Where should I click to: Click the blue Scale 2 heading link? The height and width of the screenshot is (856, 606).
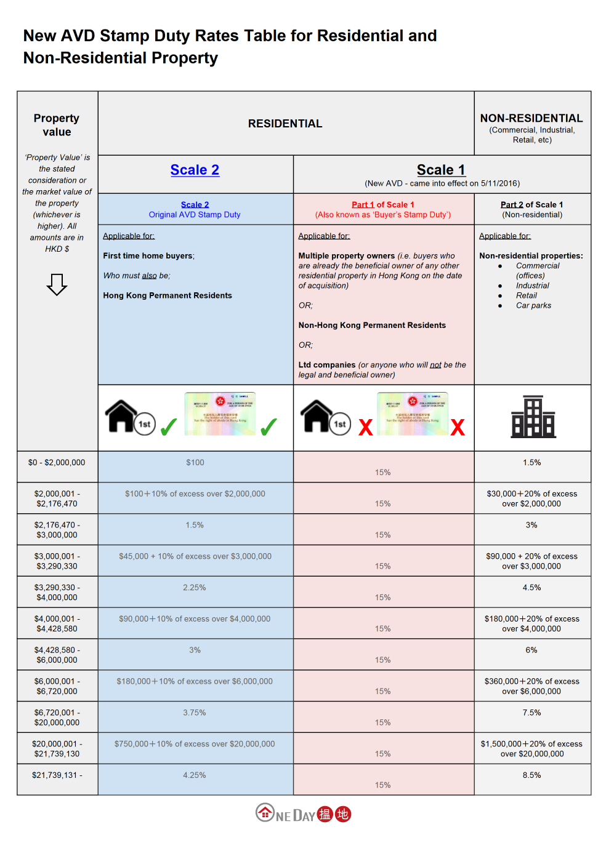[195, 170]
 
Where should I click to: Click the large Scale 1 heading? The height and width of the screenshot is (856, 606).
[441, 170]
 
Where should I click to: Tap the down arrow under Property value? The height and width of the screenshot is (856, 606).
[57, 284]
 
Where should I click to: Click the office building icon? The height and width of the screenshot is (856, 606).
[533, 417]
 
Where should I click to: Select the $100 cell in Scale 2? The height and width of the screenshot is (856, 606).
[195, 463]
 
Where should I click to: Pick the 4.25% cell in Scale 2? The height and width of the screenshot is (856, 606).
[195, 775]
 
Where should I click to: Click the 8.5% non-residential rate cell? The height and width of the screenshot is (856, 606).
[531, 775]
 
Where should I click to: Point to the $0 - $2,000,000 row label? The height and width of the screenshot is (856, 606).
[57, 463]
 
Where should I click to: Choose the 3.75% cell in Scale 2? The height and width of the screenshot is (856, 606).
[195, 713]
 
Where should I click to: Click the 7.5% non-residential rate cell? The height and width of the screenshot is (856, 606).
[531, 713]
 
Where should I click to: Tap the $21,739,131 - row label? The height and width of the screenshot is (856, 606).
[57, 775]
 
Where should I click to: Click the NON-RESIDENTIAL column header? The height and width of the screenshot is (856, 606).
[531, 118]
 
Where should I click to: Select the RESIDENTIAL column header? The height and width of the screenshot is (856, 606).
[285, 124]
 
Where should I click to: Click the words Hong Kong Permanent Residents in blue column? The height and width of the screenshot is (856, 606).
[168, 295]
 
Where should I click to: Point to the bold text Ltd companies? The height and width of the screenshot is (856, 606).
[327, 365]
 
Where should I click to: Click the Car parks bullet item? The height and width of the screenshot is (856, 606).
[533, 305]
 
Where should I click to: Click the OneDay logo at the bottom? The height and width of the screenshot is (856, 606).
[303, 814]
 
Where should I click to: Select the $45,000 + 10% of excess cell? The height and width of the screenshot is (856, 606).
[195, 556]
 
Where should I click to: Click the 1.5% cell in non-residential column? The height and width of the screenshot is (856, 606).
[531, 463]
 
